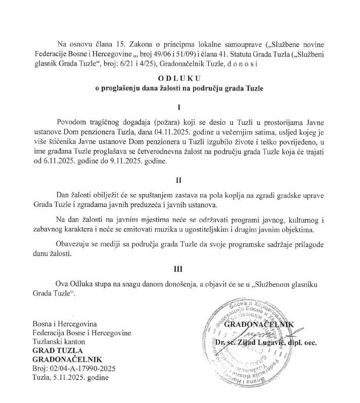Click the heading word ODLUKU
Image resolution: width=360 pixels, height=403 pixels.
(x=179, y=78)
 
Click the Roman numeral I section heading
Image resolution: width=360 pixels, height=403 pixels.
(x=179, y=108)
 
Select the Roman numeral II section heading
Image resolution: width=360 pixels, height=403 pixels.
(x=179, y=180)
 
